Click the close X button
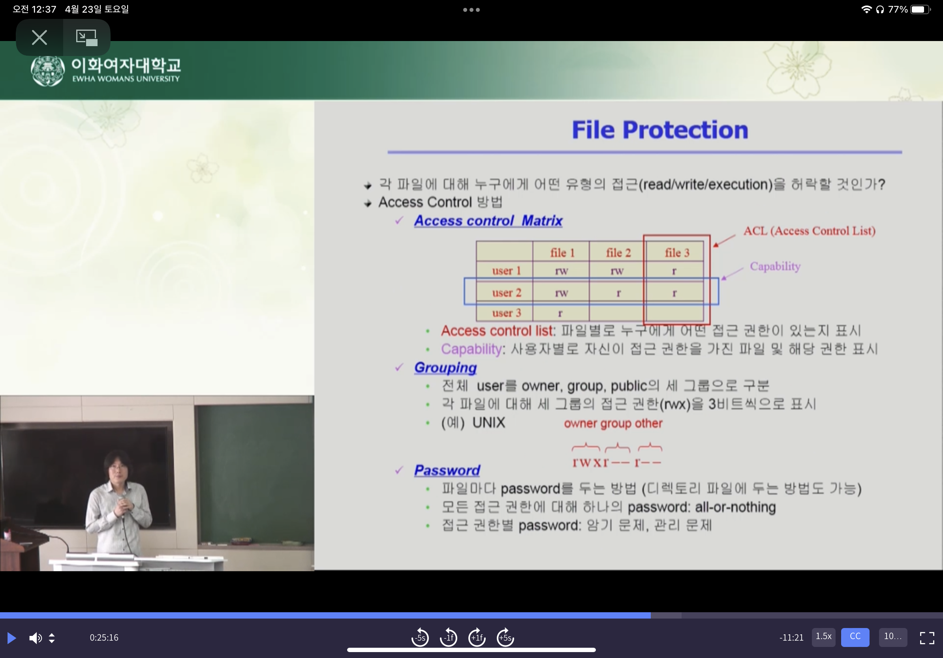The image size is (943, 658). [x=39, y=37]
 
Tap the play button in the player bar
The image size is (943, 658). [x=11, y=637]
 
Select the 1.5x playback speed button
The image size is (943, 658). [x=823, y=637]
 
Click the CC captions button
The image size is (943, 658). [x=855, y=637]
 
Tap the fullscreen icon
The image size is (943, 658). [x=926, y=637]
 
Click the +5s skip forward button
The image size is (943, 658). [x=505, y=637]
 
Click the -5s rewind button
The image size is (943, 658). [x=420, y=637]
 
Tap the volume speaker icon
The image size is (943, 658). [x=35, y=637]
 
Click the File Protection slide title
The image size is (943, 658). [x=659, y=130]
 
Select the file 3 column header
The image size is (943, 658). [x=677, y=253]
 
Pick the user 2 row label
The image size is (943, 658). [x=506, y=292]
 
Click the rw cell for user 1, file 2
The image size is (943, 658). [x=617, y=271]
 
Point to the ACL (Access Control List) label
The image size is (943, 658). [x=809, y=231]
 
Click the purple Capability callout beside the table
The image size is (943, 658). [x=775, y=266]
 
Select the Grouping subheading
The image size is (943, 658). [x=445, y=368]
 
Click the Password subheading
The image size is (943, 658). [x=447, y=470]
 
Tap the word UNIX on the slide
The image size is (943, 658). [x=489, y=422]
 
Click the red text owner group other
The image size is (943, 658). [x=613, y=423]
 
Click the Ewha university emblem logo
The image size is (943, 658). [x=48, y=71]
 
